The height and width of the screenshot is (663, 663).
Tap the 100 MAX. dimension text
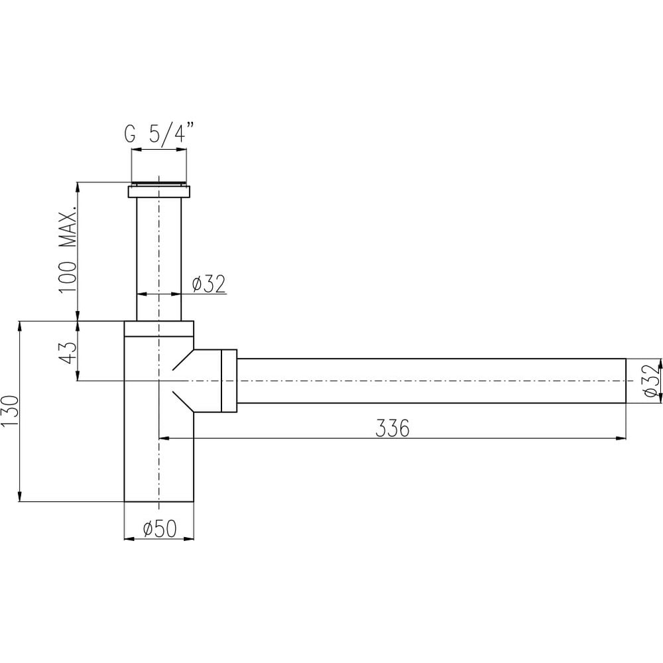(68, 249)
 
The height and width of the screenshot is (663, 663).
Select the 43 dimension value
(68, 353)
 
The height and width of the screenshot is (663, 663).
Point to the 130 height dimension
(10, 411)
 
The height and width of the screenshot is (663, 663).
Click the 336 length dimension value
(392, 429)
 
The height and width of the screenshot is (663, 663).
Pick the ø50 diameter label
(160, 528)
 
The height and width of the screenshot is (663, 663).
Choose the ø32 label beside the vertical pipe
(209, 284)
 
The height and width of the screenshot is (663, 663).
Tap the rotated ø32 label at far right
(652, 381)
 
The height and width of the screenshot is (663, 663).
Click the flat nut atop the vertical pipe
(159, 192)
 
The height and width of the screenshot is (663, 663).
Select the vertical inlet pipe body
(159, 259)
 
